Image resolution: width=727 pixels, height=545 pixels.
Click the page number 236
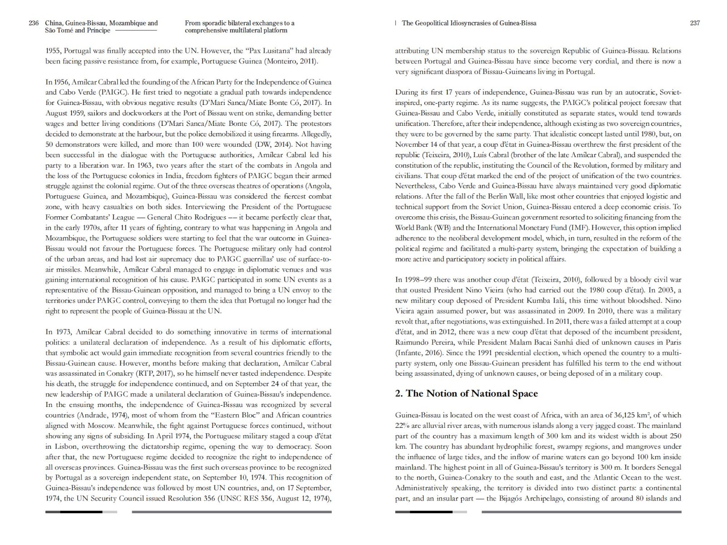coord(34,23)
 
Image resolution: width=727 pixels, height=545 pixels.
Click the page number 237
coord(695,23)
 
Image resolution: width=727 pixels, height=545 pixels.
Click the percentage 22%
coord(403,426)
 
